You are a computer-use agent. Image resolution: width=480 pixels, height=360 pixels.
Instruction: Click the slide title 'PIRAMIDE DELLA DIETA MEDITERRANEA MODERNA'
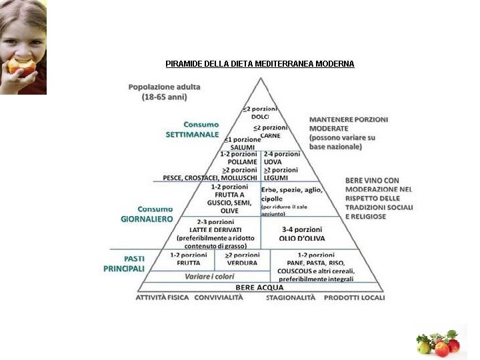(x=259, y=64)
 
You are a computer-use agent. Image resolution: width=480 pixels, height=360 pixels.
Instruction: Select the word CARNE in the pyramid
(x=271, y=135)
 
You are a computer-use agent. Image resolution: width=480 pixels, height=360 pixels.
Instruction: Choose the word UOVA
(x=273, y=161)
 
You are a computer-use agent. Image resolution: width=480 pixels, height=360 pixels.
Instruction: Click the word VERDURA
(x=241, y=263)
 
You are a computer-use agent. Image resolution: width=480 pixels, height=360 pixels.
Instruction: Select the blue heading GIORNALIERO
(x=147, y=219)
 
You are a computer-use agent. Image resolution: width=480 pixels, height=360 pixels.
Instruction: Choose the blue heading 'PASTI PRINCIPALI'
(x=124, y=263)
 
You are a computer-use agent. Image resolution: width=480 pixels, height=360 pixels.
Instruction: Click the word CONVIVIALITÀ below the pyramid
(x=219, y=297)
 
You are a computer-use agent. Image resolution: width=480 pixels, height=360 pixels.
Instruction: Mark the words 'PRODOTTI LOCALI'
(x=354, y=297)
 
